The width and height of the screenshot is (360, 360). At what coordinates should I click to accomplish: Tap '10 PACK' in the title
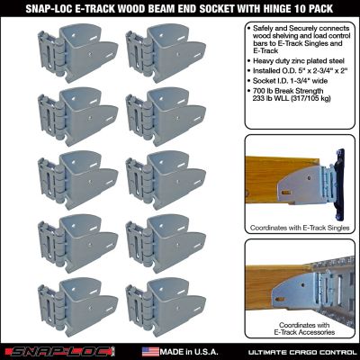[x=323, y=8]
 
